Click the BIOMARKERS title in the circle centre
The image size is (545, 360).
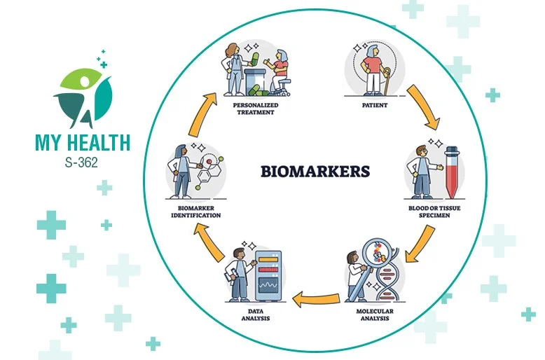[315, 170]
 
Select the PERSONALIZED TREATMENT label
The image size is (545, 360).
[256, 109]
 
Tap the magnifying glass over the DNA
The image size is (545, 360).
[374, 260]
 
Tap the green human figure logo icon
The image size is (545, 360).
[83, 95]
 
